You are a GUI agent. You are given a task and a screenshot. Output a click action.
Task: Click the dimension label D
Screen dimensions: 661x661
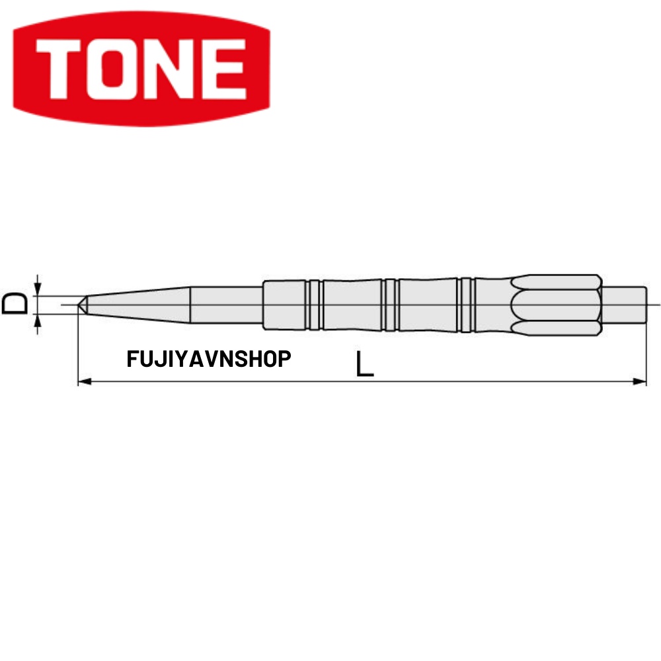(15, 305)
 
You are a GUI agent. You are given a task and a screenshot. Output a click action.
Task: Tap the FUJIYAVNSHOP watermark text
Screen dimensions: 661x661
(208, 360)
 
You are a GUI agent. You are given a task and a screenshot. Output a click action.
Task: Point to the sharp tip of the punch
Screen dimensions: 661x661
(79, 305)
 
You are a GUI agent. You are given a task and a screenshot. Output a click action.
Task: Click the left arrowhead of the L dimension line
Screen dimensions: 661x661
(83, 381)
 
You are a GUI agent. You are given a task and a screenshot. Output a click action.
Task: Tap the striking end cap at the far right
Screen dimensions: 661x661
(624, 305)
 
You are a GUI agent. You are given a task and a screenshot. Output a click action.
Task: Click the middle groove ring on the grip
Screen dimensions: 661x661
(390, 305)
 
